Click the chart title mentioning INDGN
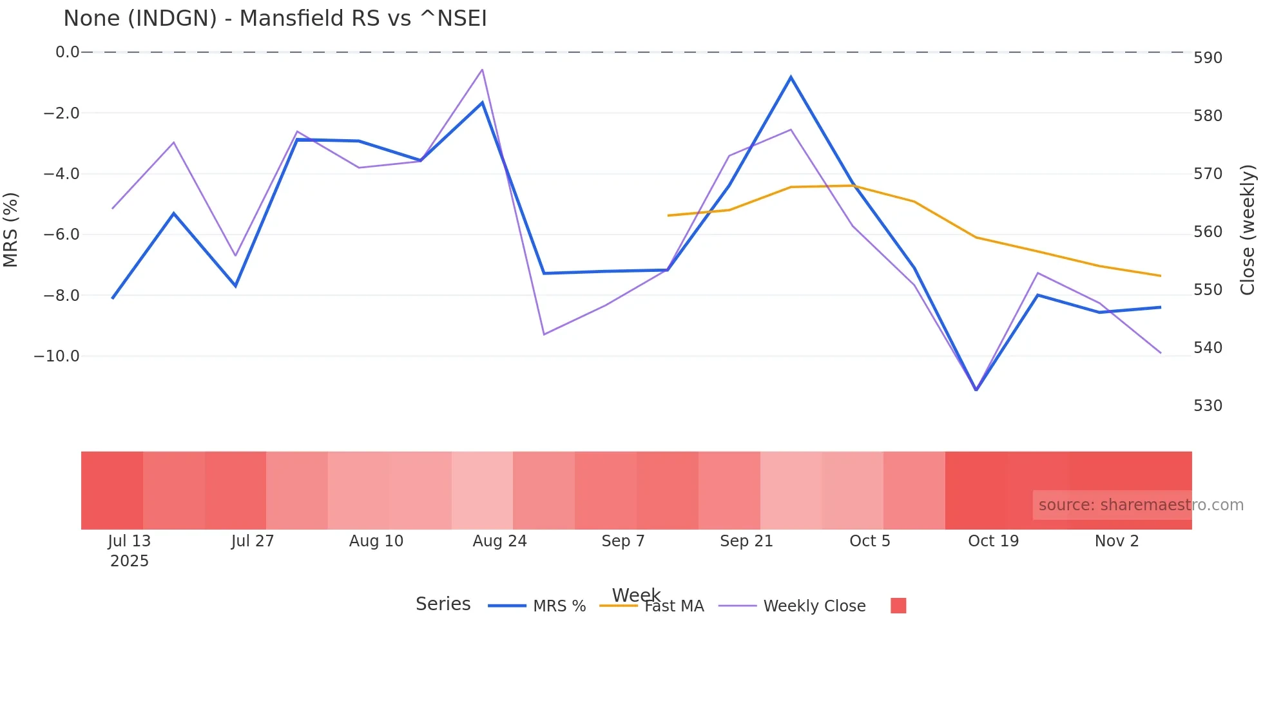coord(275,19)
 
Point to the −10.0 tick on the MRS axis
coord(57,356)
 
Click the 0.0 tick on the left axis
coord(67,52)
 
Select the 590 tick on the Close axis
coord(1208,58)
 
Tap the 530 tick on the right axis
coord(1208,406)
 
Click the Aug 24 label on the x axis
coord(499,541)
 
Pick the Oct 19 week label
coord(993,541)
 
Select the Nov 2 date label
coord(1116,541)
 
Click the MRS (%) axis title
coord(11,230)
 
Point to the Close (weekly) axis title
coord(1248,230)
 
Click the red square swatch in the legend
coord(898,606)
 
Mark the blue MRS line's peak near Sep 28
coord(791,77)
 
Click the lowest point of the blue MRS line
coord(976,390)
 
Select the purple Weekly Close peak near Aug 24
coord(482,70)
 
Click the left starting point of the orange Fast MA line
coord(668,215)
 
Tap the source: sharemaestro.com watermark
coord(1141,505)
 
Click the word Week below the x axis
coord(636,595)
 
